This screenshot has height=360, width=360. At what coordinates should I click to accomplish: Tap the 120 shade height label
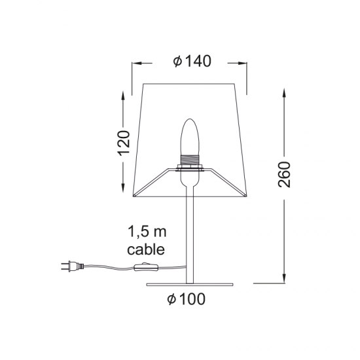tap(124, 142)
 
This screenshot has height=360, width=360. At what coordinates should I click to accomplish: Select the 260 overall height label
tap(284, 173)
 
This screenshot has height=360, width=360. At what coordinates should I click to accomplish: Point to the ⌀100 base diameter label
tap(186, 300)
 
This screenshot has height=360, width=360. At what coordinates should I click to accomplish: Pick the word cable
tap(147, 249)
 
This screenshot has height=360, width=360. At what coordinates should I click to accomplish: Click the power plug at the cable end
tap(67, 266)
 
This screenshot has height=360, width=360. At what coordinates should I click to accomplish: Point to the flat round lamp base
tap(190, 284)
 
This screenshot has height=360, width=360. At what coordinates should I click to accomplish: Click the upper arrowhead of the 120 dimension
tap(124, 90)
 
